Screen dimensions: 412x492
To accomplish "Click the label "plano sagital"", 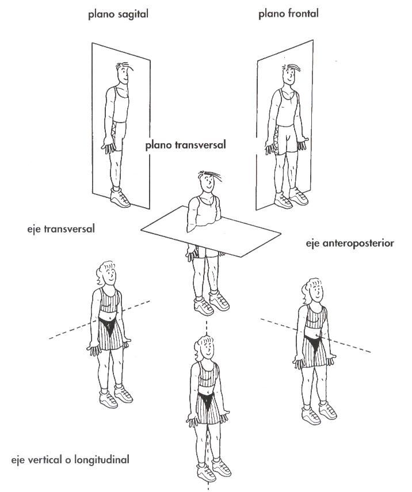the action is tap(118, 14).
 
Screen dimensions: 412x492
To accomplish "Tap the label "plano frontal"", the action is tap(288, 14).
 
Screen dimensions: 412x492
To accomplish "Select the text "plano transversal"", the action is tap(185, 145).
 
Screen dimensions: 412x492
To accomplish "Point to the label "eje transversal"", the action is tap(61, 229).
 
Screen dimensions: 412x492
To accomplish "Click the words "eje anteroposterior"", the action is tap(350, 243).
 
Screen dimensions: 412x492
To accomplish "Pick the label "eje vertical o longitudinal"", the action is tap(70, 460).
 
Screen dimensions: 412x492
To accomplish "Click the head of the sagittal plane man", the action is tap(123, 73).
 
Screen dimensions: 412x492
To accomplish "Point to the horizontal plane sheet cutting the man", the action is tap(211, 231).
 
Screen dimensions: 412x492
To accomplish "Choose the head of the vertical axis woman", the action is tap(206, 348).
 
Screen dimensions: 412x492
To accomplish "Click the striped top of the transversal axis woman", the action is tap(109, 300).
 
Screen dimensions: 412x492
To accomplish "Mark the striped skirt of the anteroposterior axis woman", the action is tap(314, 351).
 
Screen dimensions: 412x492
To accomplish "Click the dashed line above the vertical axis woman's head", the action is tap(207, 328).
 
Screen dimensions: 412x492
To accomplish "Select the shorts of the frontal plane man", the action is tap(285, 139).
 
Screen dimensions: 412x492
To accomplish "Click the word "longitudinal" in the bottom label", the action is tap(102, 460).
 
